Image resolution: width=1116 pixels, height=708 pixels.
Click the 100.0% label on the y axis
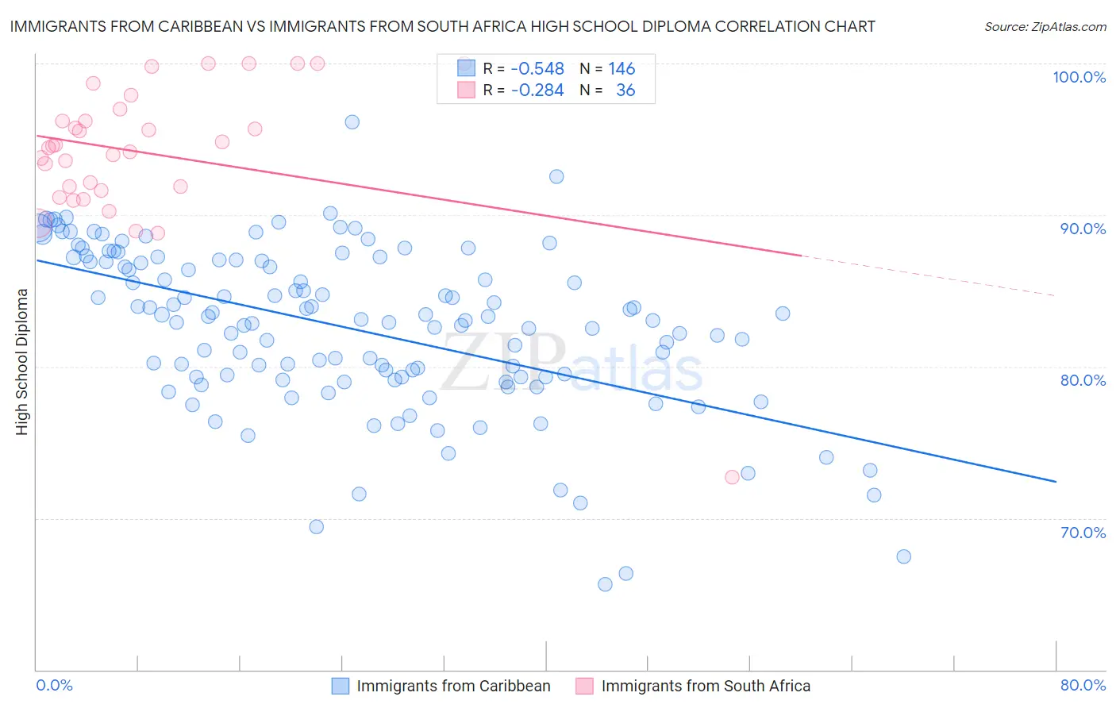[x=1079, y=77]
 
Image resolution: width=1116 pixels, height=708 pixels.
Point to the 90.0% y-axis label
[x=1083, y=229]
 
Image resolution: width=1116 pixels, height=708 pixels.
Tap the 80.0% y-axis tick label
[x=1083, y=380]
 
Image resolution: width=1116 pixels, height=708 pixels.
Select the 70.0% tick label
[x=1083, y=533]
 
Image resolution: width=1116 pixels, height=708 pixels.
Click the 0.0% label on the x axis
[x=54, y=685]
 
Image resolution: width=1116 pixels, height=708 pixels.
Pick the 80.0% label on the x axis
[x=1083, y=685]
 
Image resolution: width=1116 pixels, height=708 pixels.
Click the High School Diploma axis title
[x=22, y=362]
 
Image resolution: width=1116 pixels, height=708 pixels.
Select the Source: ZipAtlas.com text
[x=1045, y=26]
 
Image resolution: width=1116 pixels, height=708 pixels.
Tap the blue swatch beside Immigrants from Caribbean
[x=340, y=686]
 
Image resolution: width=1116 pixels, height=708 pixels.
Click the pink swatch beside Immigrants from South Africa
[x=584, y=686]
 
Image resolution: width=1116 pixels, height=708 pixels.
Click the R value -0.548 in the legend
[x=537, y=69]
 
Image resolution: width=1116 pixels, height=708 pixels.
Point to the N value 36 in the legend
[x=625, y=90]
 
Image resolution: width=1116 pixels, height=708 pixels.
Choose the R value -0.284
[x=537, y=90]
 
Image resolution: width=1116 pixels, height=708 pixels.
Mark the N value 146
[x=621, y=69]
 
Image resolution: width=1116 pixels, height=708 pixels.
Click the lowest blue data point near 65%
[x=605, y=584]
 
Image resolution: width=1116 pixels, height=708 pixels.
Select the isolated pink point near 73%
[x=732, y=477]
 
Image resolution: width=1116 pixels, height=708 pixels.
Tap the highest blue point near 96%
[x=352, y=121]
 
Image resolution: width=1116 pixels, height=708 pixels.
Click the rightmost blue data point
[x=903, y=556]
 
